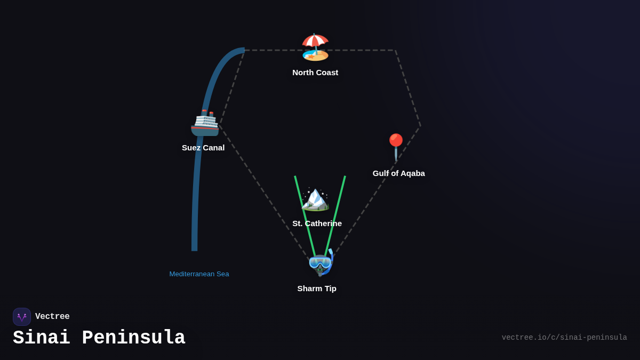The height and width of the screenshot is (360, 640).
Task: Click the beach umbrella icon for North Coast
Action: [x=315, y=47]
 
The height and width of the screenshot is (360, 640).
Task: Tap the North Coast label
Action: [x=315, y=73]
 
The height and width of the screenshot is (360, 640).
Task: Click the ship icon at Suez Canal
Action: [x=205, y=123]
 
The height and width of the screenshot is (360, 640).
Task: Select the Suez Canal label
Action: [x=203, y=148]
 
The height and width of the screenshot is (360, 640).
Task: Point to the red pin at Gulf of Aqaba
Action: [x=396, y=146]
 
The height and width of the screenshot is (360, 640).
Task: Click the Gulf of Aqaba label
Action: [x=398, y=173]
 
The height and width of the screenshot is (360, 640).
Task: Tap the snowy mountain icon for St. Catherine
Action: [x=315, y=199]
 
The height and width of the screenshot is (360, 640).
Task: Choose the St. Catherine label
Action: [x=317, y=223]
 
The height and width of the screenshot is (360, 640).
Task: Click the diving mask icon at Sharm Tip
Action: [x=321, y=263]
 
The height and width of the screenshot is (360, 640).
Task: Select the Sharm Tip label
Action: [x=317, y=289]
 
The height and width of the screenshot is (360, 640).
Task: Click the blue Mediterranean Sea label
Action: [x=199, y=274]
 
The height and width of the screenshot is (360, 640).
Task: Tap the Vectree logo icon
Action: [x=22, y=317]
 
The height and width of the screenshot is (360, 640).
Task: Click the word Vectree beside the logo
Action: [x=52, y=317]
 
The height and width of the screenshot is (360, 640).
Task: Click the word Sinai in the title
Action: [x=42, y=338]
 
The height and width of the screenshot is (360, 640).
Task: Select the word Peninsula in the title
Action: [x=133, y=338]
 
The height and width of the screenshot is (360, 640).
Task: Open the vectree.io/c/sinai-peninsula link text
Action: [x=564, y=338]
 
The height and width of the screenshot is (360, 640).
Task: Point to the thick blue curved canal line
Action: [x=196, y=187]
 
